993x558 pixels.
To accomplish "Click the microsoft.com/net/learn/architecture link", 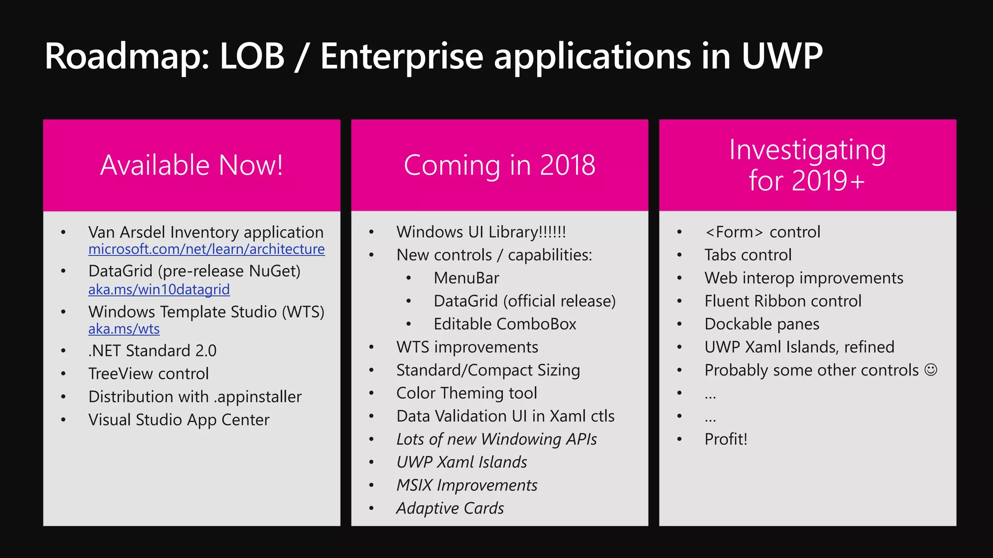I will (207, 249).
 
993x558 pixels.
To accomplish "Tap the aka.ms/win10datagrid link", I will (159, 289).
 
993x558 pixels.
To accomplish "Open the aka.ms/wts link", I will (124, 329).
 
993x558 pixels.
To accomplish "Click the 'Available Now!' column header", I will (192, 165).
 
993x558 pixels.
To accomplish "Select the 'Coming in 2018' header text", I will (499, 165).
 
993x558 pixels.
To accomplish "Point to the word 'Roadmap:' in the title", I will (127, 57).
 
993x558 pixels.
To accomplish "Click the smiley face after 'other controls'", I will (930, 370).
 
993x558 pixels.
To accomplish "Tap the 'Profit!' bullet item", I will (726, 439).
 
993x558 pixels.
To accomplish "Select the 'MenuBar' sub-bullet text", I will (466, 278).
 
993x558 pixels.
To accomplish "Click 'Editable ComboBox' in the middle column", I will (505, 324).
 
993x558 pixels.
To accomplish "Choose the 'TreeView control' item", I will (148, 374).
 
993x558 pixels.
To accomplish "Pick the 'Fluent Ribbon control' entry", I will (783, 301).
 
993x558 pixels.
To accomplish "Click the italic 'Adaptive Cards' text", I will (450, 508).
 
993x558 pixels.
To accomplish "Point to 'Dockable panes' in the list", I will (762, 324).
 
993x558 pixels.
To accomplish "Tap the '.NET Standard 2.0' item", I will (152, 351).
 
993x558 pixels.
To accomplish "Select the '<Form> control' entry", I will (762, 232).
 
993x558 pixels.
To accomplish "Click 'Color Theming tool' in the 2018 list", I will (466, 393).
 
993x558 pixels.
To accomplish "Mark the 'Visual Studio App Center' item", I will (178, 420).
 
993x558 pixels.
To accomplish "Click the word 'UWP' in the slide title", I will (782, 57).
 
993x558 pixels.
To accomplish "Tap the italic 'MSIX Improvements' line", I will (466, 485).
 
